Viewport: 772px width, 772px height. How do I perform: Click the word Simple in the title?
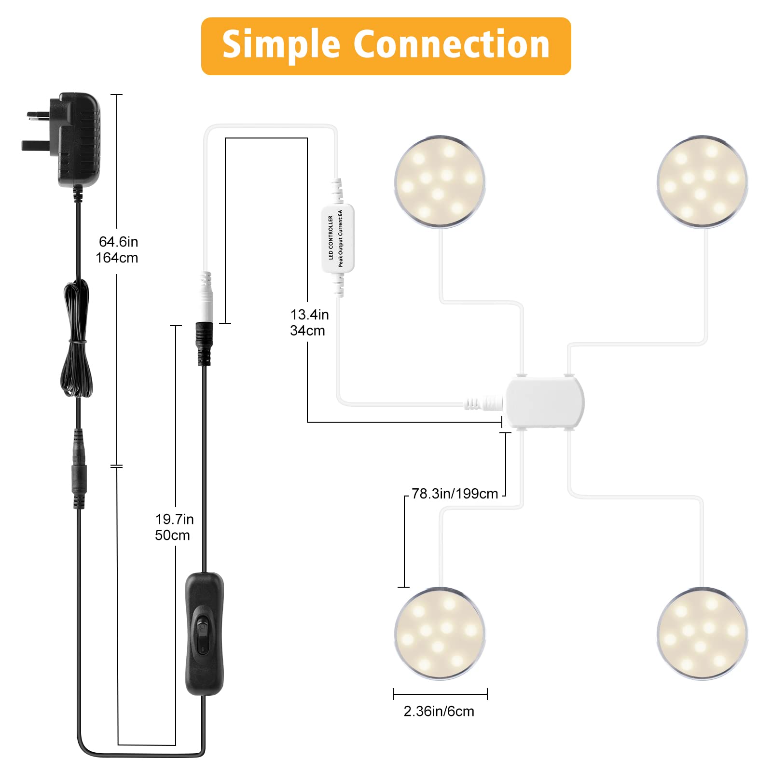click(281, 45)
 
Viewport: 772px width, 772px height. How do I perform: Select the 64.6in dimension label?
click(119, 241)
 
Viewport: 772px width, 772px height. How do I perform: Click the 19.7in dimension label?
click(175, 519)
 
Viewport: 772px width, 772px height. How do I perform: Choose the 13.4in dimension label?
click(310, 315)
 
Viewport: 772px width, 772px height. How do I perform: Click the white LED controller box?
click(338, 238)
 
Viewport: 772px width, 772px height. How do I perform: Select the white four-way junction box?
click(544, 402)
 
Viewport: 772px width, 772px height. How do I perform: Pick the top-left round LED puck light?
click(440, 181)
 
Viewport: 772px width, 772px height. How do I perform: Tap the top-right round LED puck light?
click(702, 181)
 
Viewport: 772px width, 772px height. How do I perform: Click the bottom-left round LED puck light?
click(440, 634)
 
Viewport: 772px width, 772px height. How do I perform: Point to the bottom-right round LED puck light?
click(702, 634)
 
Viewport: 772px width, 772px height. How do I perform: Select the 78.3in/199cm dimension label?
click(455, 494)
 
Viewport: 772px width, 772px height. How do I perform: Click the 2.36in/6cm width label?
click(439, 711)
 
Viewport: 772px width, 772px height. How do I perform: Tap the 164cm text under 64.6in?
click(117, 258)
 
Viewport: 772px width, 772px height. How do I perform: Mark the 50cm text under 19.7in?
click(172, 535)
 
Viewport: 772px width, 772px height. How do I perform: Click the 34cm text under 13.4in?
click(307, 331)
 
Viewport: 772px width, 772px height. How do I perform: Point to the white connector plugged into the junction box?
click(484, 402)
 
